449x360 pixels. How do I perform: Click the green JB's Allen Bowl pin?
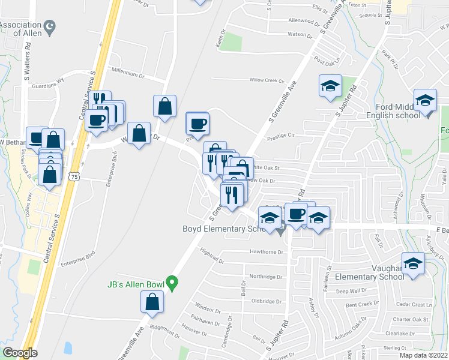pyautogui.click(x=172, y=281)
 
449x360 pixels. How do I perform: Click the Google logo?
pyautogui.click(x=20, y=353)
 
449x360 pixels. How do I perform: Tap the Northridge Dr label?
pyautogui.click(x=265, y=277)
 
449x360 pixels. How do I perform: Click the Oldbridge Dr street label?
pyautogui.click(x=266, y=301)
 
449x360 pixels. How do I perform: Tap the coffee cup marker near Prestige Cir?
pyautogui.click(x=197, y=124)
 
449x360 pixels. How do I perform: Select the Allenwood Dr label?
pyautogui.click(x=304, y=21)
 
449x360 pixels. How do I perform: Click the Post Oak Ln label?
pyautogui.click(x=327, y=59)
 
